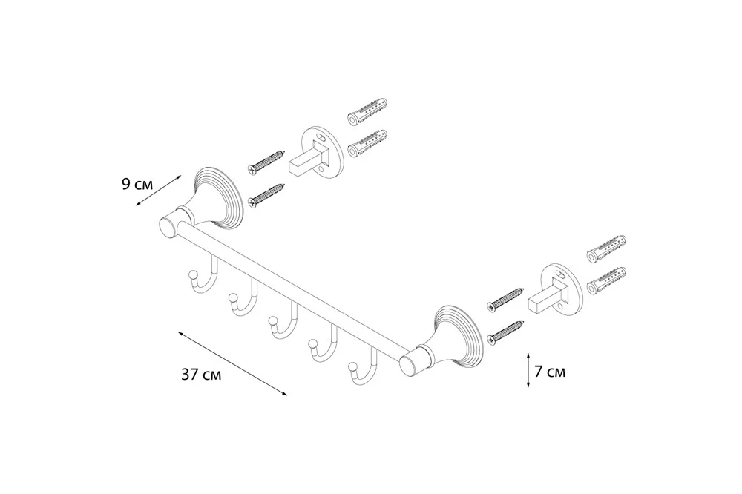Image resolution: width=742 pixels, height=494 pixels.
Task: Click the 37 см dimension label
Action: [201, 375]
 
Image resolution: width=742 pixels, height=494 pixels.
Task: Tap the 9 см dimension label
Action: [137, 184]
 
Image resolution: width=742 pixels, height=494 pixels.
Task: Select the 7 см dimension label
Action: [550, 372]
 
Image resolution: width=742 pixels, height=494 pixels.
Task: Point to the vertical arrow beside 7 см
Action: [528, 371]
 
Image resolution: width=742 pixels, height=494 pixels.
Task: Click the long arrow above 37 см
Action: [232, 364]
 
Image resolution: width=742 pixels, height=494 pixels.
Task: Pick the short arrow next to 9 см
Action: [158, 190]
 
